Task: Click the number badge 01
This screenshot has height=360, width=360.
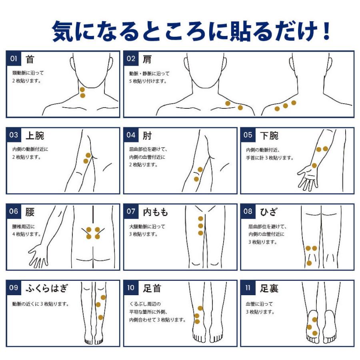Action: click(14, 58)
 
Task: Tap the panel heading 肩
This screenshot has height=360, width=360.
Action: click(147, 59)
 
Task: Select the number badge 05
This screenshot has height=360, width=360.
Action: click(248, 135)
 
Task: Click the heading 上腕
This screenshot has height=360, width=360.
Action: click(35, 136)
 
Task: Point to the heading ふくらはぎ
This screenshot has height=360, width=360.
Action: click(47, 288)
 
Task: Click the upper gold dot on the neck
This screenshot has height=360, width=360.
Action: click(82, 90)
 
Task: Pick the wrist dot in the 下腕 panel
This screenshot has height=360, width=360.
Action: click(314, 165)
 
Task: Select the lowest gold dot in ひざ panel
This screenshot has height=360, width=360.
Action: click(309, 263)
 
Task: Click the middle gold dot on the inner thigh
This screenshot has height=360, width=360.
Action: click(200, 226)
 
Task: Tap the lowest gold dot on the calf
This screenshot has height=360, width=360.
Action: click(100, 317)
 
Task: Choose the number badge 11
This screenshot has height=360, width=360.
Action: click(248, 288)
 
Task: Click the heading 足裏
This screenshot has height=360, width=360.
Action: click(269, 288)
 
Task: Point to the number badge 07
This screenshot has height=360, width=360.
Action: click(131, 211)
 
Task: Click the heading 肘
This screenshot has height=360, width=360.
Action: click(147, 136)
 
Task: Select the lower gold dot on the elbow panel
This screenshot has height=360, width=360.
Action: click(196, 179)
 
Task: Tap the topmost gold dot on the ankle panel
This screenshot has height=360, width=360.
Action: click(200, 308)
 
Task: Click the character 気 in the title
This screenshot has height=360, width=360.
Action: click(62, 31)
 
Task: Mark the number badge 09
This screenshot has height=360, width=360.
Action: click(14, 288)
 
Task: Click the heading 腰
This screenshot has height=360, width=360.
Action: click(30, 212)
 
